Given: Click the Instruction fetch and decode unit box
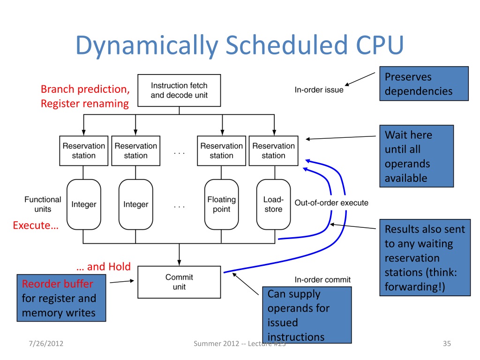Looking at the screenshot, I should (179, 90).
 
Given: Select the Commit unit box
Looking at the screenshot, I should (179, 282).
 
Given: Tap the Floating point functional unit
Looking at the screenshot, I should (221, 204).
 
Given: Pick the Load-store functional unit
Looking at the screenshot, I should (273, 204).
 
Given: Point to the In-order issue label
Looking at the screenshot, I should (319, 90).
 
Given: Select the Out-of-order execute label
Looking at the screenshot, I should (331, 203).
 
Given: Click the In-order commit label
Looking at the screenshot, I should (322, 280).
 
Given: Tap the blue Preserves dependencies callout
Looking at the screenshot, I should (423, 84).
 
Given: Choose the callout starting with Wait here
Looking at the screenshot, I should (416, 156).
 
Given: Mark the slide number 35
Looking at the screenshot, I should (446, 345).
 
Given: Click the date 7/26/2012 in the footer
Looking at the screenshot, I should (45, 345).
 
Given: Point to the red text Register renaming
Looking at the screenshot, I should (84, 104).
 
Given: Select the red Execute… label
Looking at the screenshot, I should (36, 225).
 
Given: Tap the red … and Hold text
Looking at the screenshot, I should (103, 267).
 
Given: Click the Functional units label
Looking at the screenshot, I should (43, 204).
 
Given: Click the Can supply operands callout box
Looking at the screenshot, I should (307, 315).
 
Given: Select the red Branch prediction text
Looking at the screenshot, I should (85, 89).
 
